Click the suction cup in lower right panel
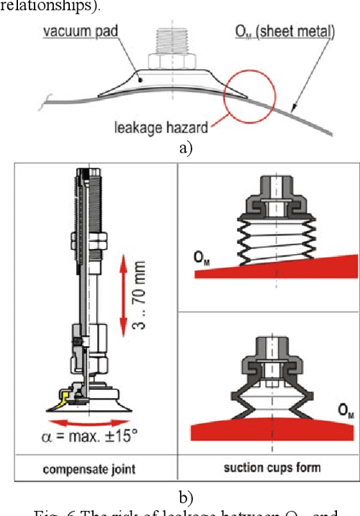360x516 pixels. (x=276, y=389)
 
